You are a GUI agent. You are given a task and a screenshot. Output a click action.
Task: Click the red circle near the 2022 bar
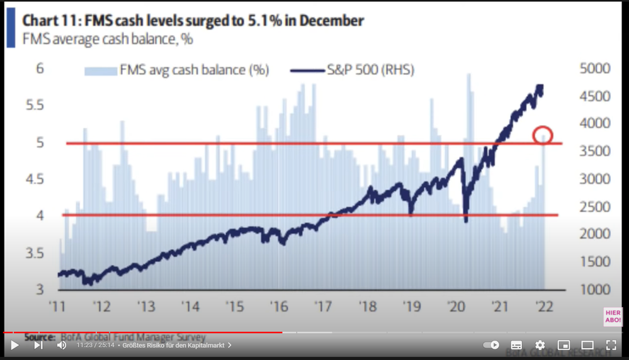click(x=542, y=135)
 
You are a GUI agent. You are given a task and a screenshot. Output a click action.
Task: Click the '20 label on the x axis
click(x=456, y=307)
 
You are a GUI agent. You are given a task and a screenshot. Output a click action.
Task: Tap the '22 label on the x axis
click(x=544, y=307)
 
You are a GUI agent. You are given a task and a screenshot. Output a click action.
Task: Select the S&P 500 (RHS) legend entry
click(x=353, y=70)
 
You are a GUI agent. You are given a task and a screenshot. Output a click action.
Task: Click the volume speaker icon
click(x=62, y=345)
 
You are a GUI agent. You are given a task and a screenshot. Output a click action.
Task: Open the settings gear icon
click(x=540, y=345)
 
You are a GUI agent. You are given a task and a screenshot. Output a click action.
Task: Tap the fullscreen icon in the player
click(x=611, y=345)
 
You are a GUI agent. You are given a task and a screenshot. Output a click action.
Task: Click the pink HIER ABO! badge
click(x=612, y=317)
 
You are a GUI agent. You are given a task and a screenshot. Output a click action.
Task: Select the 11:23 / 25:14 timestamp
click(x=95, y=345)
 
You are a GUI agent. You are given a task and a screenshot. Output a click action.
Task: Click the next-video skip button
click(x=38, y=345)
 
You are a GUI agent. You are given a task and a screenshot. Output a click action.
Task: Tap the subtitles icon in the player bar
click(x=516, y=345)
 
